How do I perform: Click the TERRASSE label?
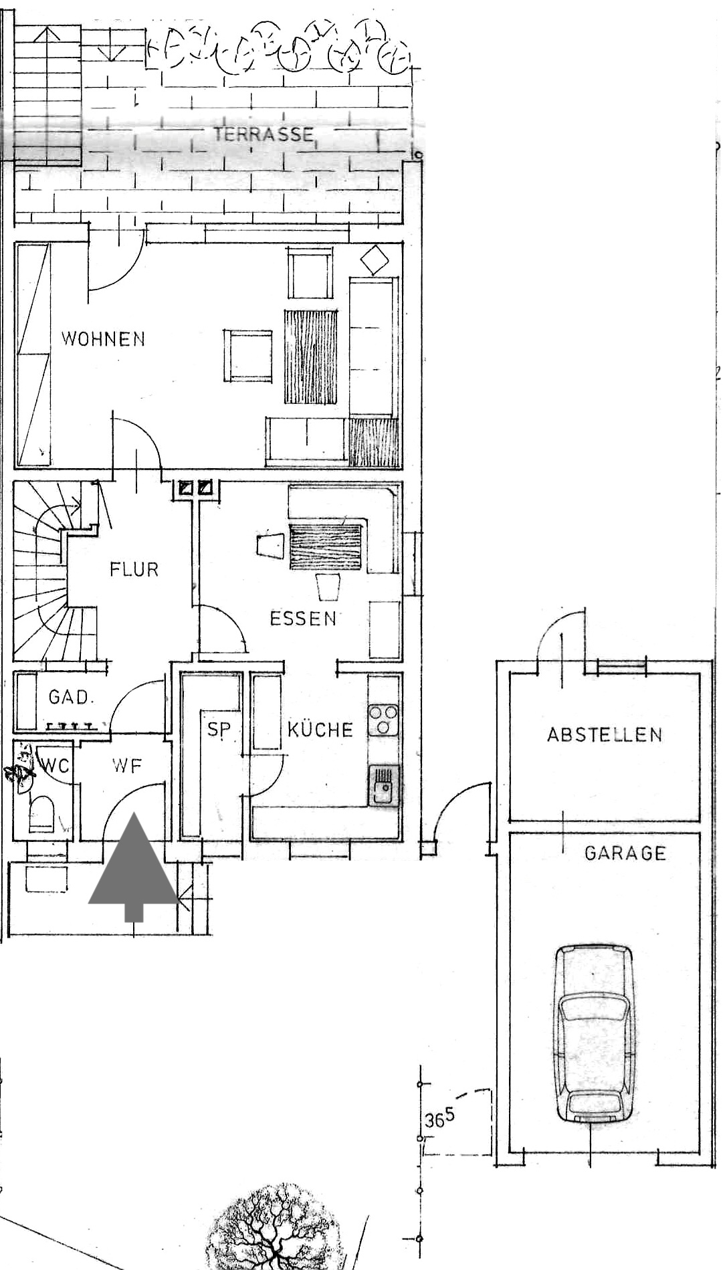(264, 134)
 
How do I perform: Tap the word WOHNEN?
(103, 338)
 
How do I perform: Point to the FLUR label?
(134, 570)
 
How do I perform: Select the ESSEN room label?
(303, 618)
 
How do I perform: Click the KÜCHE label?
(320, 728)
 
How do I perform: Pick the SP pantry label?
(217, 729)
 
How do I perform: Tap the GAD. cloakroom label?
(70, 698)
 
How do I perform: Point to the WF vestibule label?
(127, 765)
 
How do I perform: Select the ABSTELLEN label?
(605, 734)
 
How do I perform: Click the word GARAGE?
(625, 853)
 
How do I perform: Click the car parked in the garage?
(593, 1034)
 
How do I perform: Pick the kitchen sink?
(384, 786)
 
